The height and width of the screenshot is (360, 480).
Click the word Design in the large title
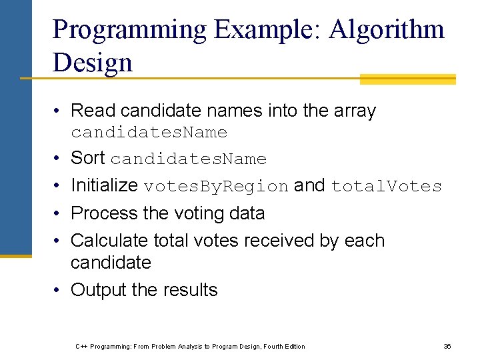[x=93, y=63]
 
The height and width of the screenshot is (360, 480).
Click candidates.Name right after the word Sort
[x=189, y=159]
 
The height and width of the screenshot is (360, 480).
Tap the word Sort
[x=88, y=158]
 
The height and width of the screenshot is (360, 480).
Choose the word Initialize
[x=105, y=185]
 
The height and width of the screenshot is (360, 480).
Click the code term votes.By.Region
[x=217, y=187]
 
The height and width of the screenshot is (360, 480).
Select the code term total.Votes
[x=387, y=187]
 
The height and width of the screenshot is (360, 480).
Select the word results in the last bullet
[x=193, y=290]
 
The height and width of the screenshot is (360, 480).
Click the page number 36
[x=447, y=346]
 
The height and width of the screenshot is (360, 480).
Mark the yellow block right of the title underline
[x=407, y=79]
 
